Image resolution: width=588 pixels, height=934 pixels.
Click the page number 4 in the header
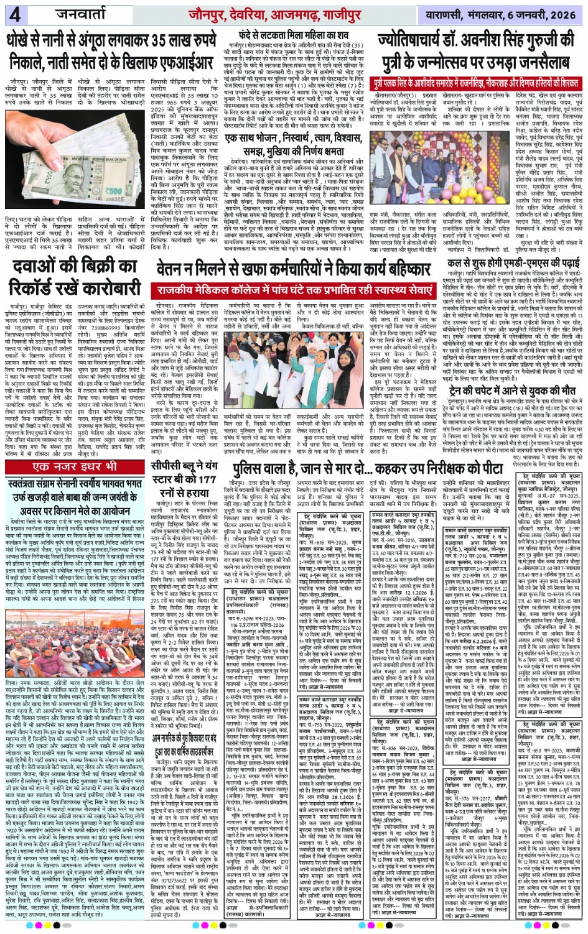point(14,14)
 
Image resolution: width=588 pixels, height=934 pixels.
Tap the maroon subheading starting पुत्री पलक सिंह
point(475,83)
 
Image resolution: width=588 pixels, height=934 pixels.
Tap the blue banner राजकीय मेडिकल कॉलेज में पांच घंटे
point(295,290)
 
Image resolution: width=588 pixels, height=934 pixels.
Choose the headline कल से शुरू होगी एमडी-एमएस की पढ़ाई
point(514,262)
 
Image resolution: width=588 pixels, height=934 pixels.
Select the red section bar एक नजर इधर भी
point(74,466)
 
